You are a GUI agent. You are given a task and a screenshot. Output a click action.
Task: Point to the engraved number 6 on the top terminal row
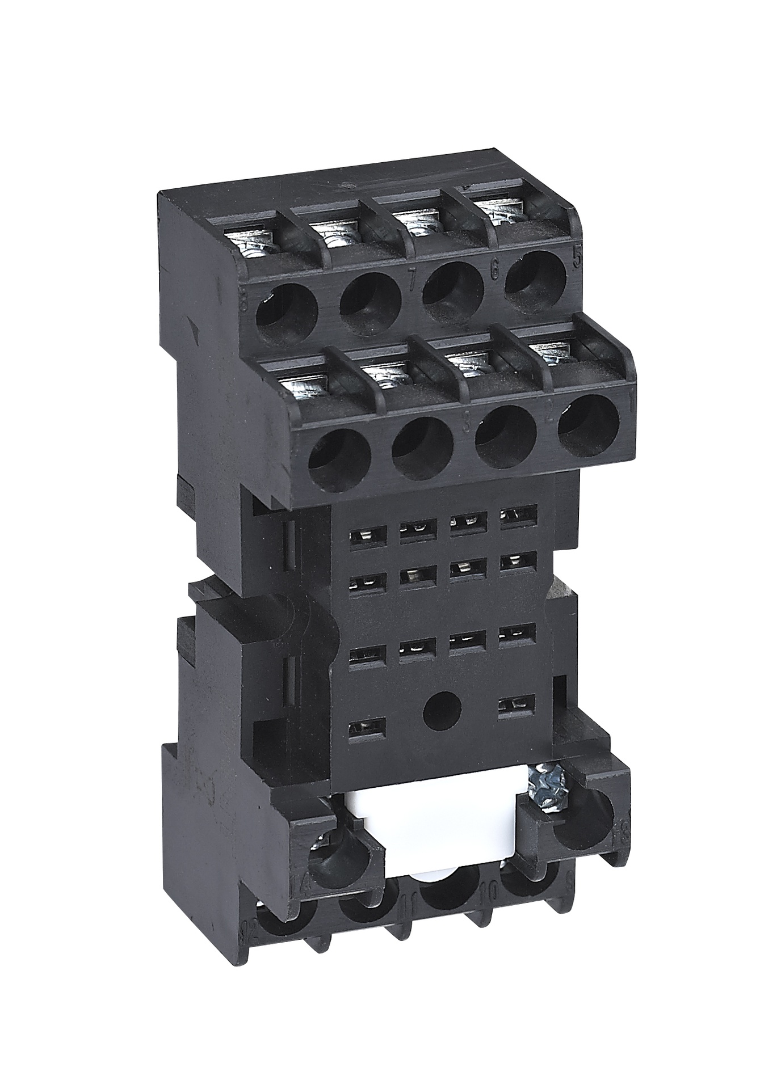coord(494,271)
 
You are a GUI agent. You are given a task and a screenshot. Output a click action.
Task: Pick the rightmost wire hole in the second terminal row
coord(588,426)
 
